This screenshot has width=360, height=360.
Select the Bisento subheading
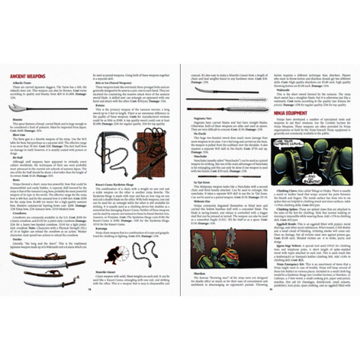click(x=18, y=118)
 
